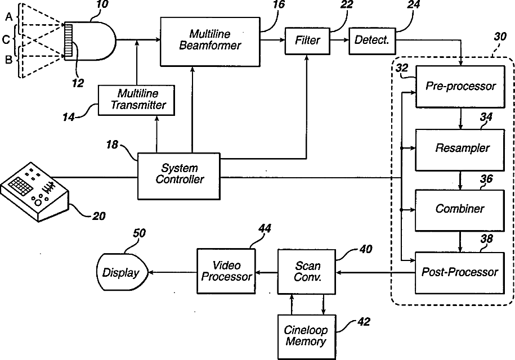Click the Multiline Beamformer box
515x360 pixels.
pos(210,42)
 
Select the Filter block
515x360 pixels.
pos(307,40)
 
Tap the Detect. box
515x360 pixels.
pos(372,40)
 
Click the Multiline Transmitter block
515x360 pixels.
pos(136,100)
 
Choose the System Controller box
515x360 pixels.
pos(178,176)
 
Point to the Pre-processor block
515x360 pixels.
pos(460,87)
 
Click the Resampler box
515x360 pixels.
pos(460,150)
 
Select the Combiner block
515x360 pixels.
pos(460,210)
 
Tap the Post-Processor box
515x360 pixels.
pos(460,273)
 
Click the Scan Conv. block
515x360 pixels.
pos(307,271)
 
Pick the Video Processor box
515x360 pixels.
pos(226,271)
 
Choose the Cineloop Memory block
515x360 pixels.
pos(307,337)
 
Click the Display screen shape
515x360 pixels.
pos(122,272)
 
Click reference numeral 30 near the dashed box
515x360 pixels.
pos(500,37)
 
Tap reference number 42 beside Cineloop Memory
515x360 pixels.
pos(364,322)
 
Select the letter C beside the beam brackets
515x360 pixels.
pos(6,40)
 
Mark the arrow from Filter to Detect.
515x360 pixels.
pos(339,40)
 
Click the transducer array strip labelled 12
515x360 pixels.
pos(68,40)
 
